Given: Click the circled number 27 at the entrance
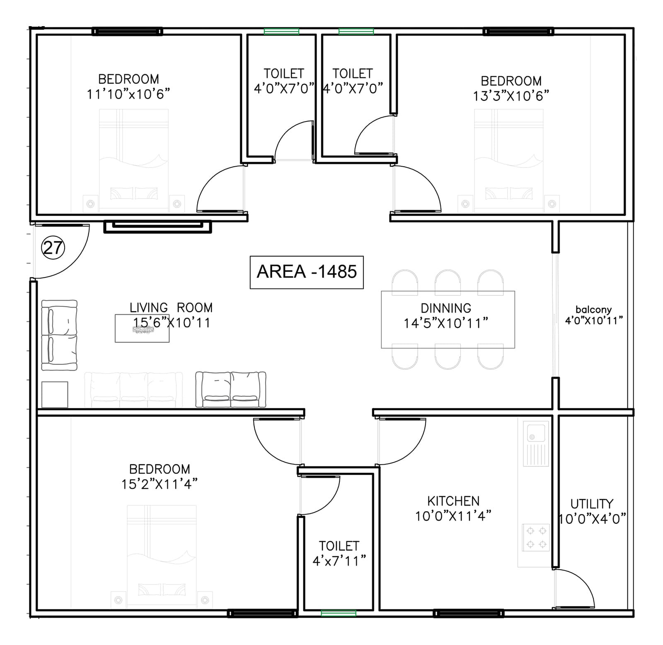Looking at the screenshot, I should [x=53, y=248].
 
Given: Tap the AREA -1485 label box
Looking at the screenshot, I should [x=307, y=272].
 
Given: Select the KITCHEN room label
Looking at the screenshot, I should [x=453, y=501].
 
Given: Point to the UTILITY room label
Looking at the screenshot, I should [x=591, y=504].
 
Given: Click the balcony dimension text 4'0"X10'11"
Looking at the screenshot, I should [x=594, y=320].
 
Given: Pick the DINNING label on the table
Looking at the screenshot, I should [x=446, y=308].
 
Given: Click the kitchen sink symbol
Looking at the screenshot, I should [x=536, y=443].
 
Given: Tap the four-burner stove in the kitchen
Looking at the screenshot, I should [x=536, y=538].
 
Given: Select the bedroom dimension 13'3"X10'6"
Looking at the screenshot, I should [x=511, y=96].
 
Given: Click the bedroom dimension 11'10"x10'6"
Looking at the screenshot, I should [x=128, y=95].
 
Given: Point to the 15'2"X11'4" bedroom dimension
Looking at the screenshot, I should [x=159, y=484].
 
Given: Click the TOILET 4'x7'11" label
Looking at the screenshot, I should [x=339, y=553].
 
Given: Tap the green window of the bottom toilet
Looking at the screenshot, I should [x=339, y=613].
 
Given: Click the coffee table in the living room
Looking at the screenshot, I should [x=142, y=328].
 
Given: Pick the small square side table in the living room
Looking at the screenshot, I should [x=55, y=395].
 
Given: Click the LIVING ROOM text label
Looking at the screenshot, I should [x=171, y=308].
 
